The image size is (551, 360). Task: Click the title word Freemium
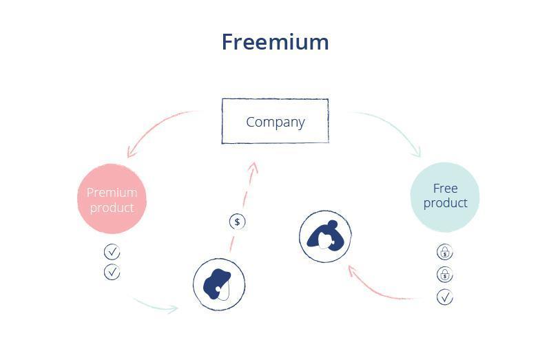click(275, 42)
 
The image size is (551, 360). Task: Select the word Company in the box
click(275, 122)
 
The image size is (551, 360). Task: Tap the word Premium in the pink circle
click(112, 192)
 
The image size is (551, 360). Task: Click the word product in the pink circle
click(112, 207)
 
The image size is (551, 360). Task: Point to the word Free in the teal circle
click(445, 188)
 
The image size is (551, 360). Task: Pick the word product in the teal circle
click(445, 203)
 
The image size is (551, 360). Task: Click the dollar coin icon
click(238, 222)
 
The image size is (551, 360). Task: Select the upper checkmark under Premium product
click(112, 252)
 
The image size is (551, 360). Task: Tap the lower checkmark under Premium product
click(112, 273)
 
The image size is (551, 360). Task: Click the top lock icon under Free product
click(445, 253)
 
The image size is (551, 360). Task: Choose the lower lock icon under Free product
click(445, 275)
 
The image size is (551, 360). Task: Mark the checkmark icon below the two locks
click(445, 297)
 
